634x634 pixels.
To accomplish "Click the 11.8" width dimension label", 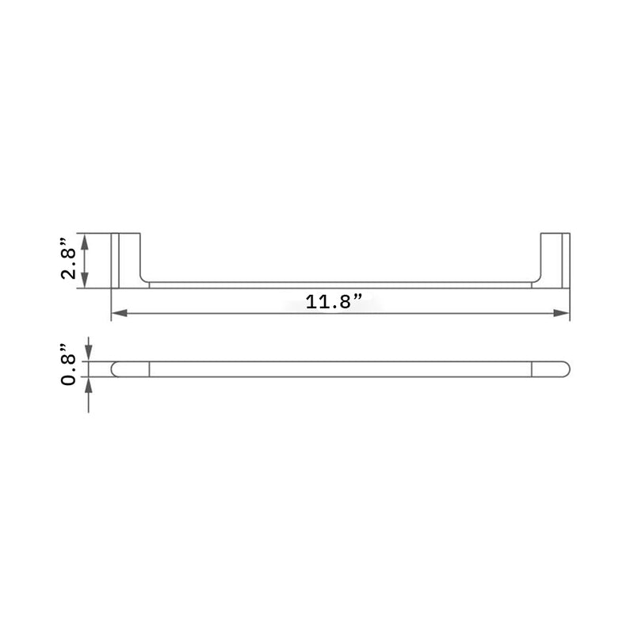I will [333, 301].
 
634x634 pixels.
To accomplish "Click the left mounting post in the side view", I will [128, 260].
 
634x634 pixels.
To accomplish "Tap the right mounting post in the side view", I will [554, 260].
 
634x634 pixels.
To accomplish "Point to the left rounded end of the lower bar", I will [119, 369].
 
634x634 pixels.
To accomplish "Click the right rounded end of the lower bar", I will [561, 369].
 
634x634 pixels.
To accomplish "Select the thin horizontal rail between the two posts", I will [341, 284].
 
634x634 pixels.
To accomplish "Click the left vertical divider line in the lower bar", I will [149, 369].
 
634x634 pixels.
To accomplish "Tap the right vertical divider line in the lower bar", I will [531, 369].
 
